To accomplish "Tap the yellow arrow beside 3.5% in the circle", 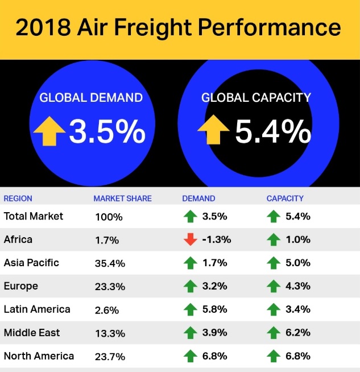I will pyautogui.click(x=49, y=131).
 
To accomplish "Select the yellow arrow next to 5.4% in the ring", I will pyautogui.click(x=213, y=131).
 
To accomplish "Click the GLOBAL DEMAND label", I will pyautogui.click(x=91, y=97).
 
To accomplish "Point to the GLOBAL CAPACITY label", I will pyautogui.click(x=256, y=97).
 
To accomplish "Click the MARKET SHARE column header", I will pyautogui.click(x=122, y=199).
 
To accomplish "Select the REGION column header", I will pyautogui.click(x=18, y=199).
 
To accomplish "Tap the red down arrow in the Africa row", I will pyautogui.click(x=191, y=240).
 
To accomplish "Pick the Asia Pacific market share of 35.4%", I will pyautogui.click(x=110, y=263).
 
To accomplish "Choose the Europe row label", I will pyautogui.click(x=21, y=286).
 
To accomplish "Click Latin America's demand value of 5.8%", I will pyautogui.click(x=214, y=309).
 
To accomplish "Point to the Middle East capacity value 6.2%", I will pyautogui.click(x=297, y=333).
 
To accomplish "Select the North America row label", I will pyautogui.click(x=39, y=356).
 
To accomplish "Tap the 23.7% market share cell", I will pyautogui.click(x=110, y=357).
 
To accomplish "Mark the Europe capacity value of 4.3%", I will pyautogui.click(x=297, y=286).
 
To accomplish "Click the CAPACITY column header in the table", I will pyautogui.click(x=285, y=199).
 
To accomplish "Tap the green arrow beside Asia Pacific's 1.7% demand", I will pyautogui.click(x=191, y=263).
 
